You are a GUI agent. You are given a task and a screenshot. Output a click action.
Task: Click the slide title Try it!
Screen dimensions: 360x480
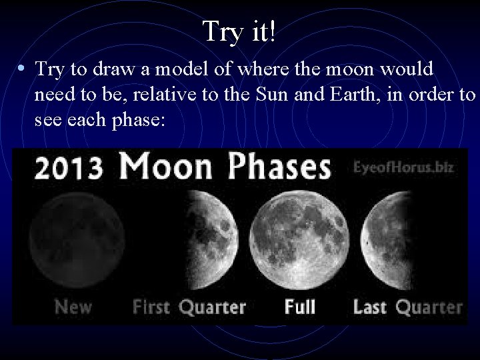point(240,31)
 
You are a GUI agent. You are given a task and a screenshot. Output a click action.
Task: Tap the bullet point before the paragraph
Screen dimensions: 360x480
point(22,69)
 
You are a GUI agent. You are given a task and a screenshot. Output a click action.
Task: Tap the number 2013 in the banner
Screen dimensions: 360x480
point(69,167)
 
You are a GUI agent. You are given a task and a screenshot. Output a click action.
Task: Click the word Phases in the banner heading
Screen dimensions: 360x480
point(279,167)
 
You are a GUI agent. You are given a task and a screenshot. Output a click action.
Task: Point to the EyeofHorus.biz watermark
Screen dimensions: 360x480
point(403,167)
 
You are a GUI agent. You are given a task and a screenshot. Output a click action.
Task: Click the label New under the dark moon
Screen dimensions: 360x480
point(73,307)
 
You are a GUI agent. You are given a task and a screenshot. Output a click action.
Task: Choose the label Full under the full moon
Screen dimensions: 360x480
point(300,307)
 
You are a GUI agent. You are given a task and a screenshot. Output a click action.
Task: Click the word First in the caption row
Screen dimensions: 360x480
point(151,307)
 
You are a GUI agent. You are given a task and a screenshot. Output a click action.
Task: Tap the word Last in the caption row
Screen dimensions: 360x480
point(370,307)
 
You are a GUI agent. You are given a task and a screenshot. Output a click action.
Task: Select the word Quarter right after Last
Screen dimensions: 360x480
point(429,307)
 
